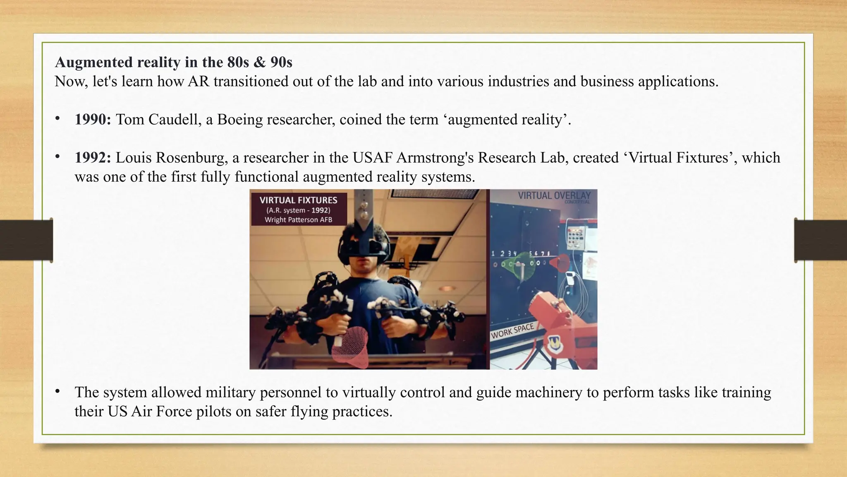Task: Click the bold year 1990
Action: coord(93,120)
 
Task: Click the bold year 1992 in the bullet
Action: coord(93,158)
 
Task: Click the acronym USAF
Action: coord(372,158)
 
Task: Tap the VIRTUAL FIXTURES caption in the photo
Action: coord(298,200)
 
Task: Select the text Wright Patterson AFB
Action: coord(298,220)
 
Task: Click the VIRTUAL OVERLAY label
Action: coord(554,195)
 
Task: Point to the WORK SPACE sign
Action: coord(512,331)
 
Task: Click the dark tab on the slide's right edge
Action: coord(821,240)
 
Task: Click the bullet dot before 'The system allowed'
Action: coord(57,391)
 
